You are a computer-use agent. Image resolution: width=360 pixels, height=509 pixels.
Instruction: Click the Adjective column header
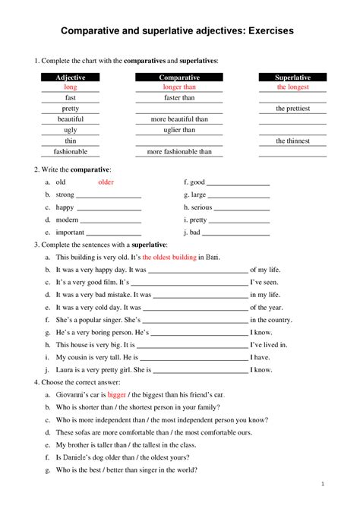[x=71, y=78]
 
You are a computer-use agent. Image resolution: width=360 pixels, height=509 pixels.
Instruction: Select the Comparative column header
[x=179, y=78]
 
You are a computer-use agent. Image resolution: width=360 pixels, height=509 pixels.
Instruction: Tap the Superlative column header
[x=292, y=78]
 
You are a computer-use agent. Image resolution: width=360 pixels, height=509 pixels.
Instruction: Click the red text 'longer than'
[x=179, y=87]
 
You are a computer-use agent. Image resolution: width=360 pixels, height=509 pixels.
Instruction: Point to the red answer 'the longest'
[x=292, y=87]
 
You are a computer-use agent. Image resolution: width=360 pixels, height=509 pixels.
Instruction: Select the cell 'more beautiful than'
[x=179, y=119]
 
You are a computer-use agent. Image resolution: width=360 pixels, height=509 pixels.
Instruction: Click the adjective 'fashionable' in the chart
[x=71, y=151]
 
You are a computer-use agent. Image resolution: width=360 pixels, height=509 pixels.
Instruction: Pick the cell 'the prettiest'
[x=292, y=109]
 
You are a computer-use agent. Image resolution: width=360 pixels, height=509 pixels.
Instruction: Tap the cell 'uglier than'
[x=179, y=130]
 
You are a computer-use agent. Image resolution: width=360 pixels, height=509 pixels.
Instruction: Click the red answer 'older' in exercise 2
[x=106, y=182]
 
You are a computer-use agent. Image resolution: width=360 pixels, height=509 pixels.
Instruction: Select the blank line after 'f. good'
[x=238, y=184]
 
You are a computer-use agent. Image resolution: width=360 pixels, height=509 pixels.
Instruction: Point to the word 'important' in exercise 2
[x=71, y=232]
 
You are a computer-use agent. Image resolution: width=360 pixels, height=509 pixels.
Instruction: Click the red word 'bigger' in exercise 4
[x=117, y=395]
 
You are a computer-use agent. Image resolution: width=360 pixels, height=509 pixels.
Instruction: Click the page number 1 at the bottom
[x=323, y=483]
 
